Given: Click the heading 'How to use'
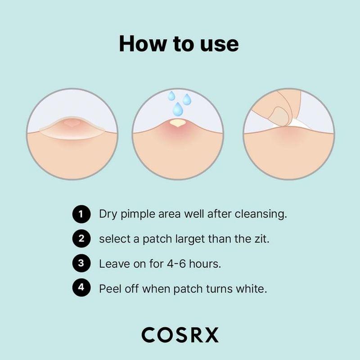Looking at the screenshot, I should point(179,44).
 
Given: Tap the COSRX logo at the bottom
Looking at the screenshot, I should point(180,335).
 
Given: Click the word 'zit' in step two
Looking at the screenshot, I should point(261,239).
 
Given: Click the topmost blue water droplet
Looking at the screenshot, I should point(171,96).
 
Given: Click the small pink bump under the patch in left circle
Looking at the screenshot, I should point(71,122).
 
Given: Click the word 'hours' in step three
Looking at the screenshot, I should point(206,264).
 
